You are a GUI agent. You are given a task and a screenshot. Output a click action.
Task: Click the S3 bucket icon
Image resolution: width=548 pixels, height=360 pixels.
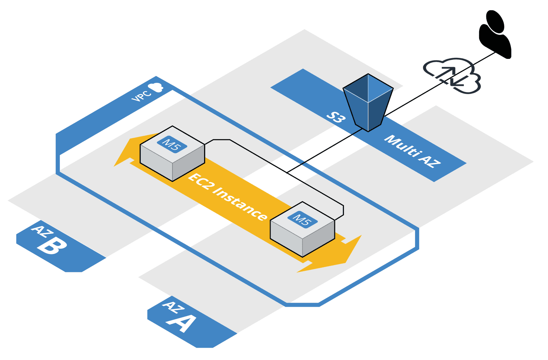[368, 103]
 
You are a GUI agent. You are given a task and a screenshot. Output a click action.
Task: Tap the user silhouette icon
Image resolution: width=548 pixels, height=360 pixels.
[495, 34]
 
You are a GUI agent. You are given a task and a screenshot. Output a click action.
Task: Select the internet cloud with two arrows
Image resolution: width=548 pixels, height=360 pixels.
[452, 76]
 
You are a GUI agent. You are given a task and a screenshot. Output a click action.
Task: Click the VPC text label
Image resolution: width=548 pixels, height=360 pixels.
[141, 96]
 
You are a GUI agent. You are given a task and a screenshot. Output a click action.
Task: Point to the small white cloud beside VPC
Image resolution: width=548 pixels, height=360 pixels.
[156, 87]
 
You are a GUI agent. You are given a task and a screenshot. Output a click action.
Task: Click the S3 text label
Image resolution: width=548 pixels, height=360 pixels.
[336, 117]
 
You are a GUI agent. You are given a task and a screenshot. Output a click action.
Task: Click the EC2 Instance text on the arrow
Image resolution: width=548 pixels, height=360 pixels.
[228, 196]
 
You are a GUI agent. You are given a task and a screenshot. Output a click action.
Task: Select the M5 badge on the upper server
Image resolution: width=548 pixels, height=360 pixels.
[172, 145]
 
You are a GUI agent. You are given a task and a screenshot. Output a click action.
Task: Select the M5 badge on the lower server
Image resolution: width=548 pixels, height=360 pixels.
[302, 219]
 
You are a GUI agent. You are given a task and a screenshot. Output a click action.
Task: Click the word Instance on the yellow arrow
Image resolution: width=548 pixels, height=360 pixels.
[240, 203]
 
